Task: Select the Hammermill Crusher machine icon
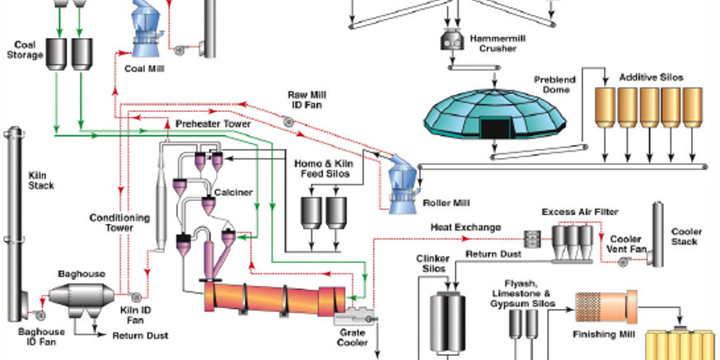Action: pos(451,38)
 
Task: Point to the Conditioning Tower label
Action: pos(120,222)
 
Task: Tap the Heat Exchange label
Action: pos(465,227)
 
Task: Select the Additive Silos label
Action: pos(651,77)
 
